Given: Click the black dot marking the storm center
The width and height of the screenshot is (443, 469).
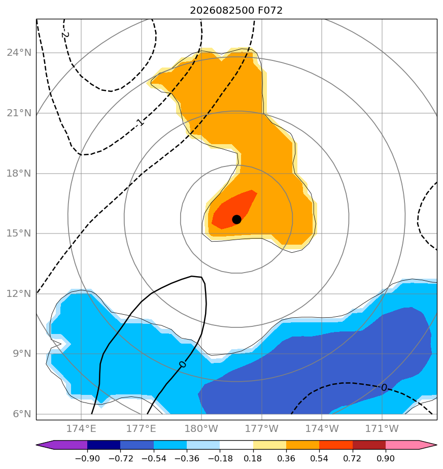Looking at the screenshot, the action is click(236, 220).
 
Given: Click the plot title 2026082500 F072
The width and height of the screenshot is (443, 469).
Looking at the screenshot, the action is click(236, 11).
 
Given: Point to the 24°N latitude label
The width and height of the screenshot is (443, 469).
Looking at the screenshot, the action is click(19, 53).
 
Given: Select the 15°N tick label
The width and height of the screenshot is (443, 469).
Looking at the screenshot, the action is click(19, 233).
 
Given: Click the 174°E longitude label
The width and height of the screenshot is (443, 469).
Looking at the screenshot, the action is click(81, 428).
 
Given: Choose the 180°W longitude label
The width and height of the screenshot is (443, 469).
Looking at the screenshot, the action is click(201, 428).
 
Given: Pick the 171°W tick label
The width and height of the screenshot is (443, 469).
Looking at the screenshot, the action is click(382, 428).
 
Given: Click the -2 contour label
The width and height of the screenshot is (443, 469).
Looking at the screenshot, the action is click(65, 35).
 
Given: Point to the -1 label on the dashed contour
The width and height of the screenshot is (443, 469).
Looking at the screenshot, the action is click(140, 122).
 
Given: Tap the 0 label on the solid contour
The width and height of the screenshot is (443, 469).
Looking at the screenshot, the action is click(183, 364).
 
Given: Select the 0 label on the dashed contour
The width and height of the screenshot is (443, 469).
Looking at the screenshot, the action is click(384, 388).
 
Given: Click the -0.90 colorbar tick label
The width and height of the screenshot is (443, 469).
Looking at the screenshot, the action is click(87, 458).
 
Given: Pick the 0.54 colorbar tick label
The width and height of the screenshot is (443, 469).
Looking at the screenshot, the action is click(320, 458).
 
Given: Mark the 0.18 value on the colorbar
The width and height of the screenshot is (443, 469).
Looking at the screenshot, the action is click(253, 458).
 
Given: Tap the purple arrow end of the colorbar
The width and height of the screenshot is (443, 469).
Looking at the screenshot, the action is click(62, 445).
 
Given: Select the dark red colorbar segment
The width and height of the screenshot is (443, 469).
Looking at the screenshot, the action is click(369, 445).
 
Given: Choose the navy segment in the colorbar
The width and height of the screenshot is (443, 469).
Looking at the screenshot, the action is click(104, 445).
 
